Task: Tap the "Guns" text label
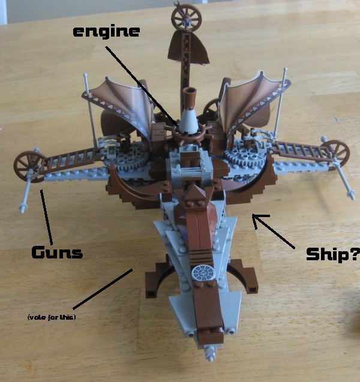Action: pos(57,252)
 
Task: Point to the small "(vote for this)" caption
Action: pos(52,317)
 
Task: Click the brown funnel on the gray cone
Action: pos(191,97)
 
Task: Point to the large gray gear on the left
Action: pos(129,161)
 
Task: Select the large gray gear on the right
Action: pos(244,158)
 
